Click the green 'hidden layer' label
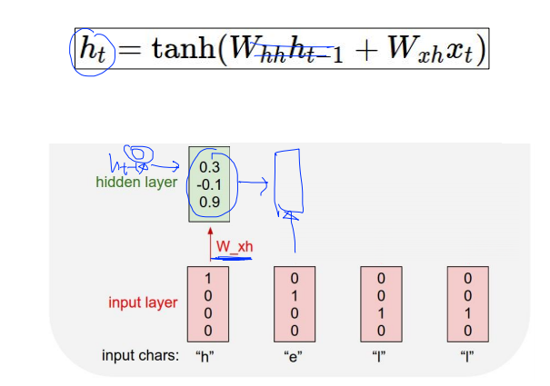[x=136, y=183]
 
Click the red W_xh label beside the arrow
[x=234, y=245]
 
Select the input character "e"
[x=295, y=355]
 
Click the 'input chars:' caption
[x=140, y=355]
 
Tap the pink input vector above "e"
[x=295, y=302]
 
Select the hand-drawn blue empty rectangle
[x=290, y=179]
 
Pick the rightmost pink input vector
[x=468, y=302]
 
